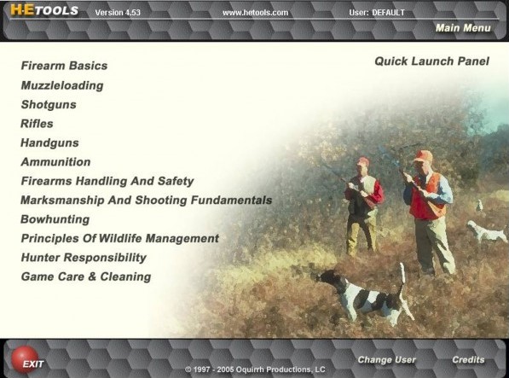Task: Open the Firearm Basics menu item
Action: (64, 66)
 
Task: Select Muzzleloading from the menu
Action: (62, 85)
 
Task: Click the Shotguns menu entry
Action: (49, 105)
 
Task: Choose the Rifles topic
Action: (37, 124)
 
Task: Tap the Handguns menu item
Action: (49, 142)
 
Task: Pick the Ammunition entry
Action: (55, 162)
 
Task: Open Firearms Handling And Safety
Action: (107, 181)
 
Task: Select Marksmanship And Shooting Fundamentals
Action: (146, 200)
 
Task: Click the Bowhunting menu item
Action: (55, 219)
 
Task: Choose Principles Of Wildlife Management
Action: (119, 238)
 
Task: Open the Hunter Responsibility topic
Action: (84, 258)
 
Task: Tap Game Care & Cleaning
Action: (86, 276)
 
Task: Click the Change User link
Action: (386, 360)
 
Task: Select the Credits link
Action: (468, 360)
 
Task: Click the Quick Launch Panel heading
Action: (431, 61)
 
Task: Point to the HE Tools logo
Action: (44, 10)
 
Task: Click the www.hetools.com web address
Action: (255, 13)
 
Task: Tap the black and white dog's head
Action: (327, 276)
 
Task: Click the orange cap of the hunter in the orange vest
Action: (423, 156)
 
